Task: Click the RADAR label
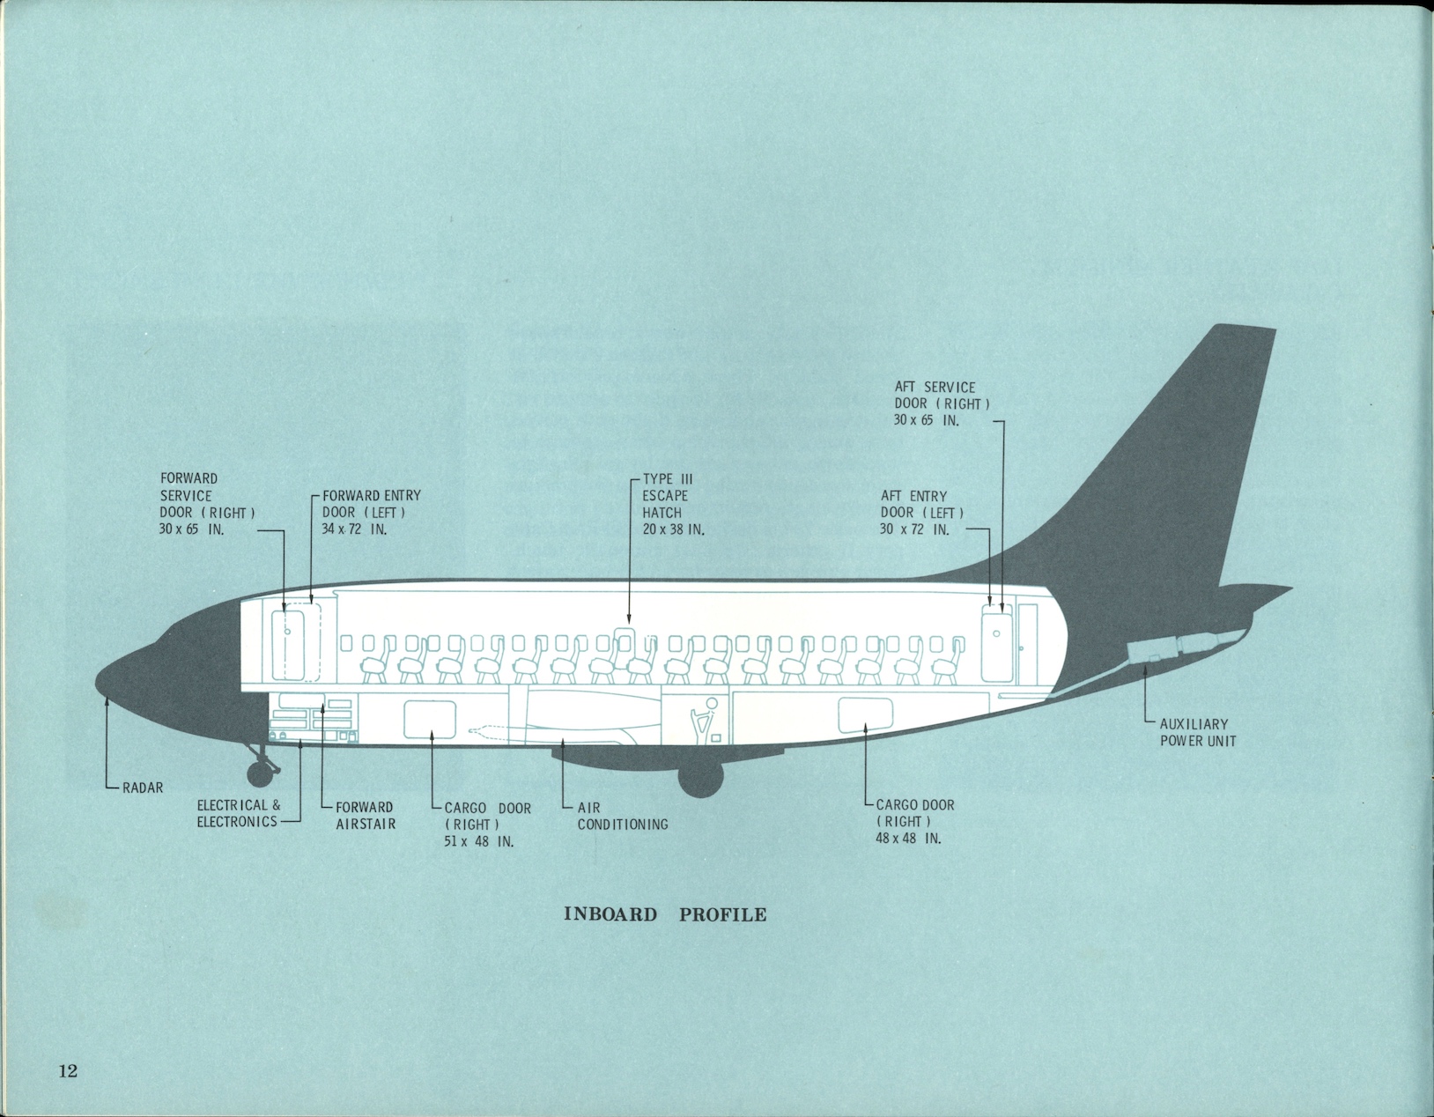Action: click(x=142, y=788)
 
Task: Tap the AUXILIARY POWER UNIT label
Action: click(x=1197, y=732)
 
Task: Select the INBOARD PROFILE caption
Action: click(x=664, y=914)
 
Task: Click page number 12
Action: click(x=68, y=1071)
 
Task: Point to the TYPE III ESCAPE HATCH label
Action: click(x=667, y=495)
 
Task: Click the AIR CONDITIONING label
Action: click(x=622, y=816)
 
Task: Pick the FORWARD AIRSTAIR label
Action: click(x=365, y=815)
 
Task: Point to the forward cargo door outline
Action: click(x=431, y=719)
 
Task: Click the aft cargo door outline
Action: click(x=866, y=714)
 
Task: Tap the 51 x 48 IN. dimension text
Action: click(x=479, y=840)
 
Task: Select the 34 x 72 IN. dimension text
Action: click(x=354, y=529)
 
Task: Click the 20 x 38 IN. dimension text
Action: click(x=672, y=529)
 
